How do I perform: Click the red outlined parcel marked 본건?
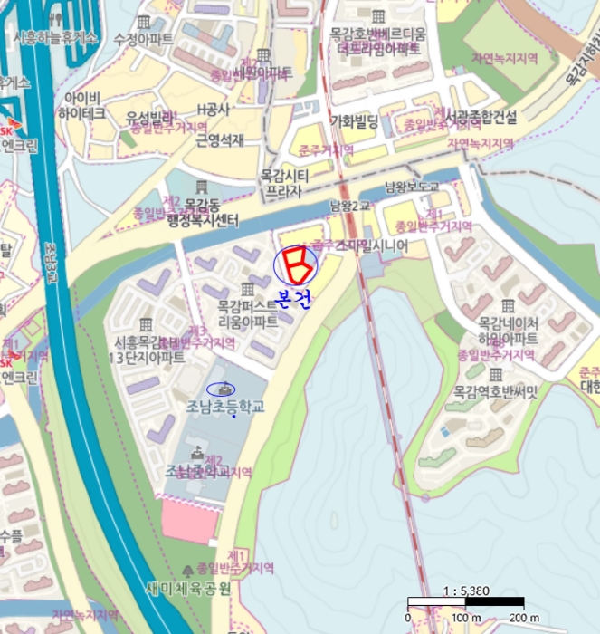(295, 264)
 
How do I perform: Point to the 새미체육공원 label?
(188, 589)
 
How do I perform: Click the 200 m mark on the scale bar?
(522, 618)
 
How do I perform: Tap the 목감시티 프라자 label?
(284, 183)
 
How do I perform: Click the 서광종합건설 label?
(481, 117)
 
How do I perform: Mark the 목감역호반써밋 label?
(495, 392)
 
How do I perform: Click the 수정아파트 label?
(144, 40)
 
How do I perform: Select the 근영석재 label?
(220, 139)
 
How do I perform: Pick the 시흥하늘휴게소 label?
(54, 37)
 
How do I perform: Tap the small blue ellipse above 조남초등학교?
(220, 389)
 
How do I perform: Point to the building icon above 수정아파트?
(144, 22)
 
